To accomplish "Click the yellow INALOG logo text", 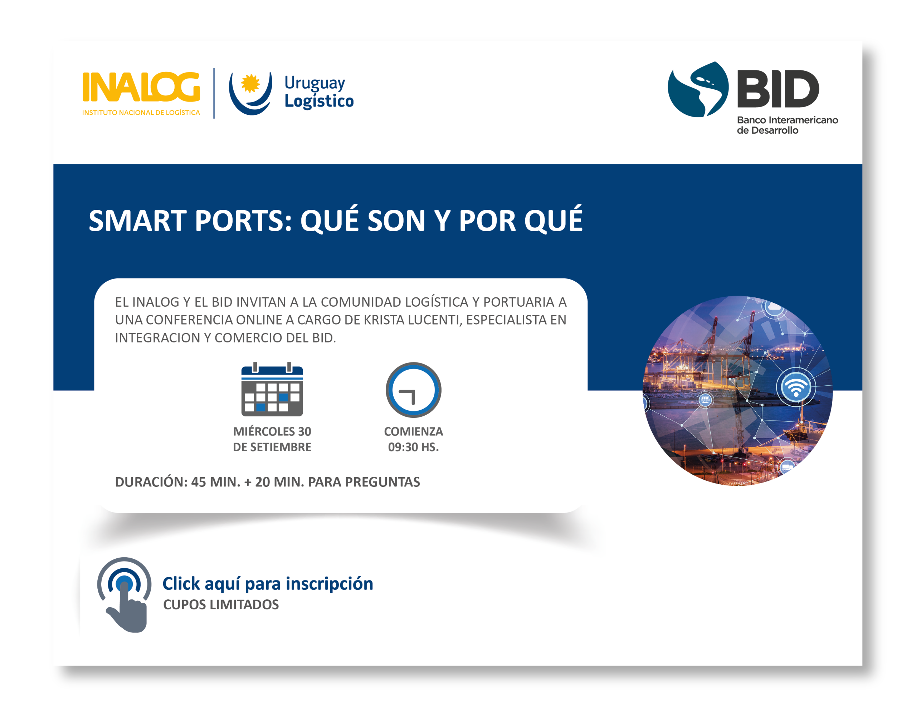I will coord(141,87).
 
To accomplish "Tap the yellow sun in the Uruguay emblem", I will coord(250,83).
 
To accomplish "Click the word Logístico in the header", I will coord(319,101).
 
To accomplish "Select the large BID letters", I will coord(778,89).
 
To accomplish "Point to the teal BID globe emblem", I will coord(698,89).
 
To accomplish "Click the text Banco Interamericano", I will coord(787,120).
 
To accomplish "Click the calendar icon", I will coord(272,390).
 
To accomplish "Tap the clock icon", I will coord(413,390).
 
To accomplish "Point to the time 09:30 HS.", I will coord(413,447).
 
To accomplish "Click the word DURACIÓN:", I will coord(151,482).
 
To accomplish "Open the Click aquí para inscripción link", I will coord(268,583).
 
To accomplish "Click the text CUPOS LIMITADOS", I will coord(221,604).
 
